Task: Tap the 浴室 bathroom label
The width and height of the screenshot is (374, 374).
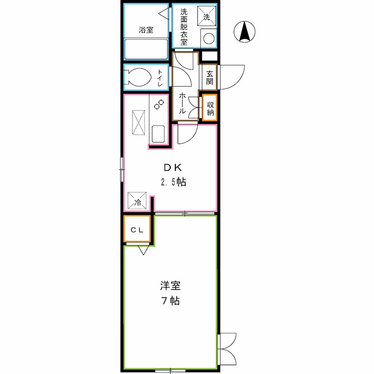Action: (x=146, y=30)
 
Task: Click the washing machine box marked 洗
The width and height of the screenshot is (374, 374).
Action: (x=207, y=16)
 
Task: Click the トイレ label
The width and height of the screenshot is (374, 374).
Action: (x=160, y=78)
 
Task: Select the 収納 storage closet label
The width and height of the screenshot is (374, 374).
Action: (x=210, y=108)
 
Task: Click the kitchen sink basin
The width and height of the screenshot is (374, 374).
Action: (x=158, y=134)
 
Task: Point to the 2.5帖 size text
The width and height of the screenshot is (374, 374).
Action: (x=173, y=182)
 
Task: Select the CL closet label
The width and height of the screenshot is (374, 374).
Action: (x=137, y=229)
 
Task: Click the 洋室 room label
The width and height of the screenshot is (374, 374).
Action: (x=170, y=285)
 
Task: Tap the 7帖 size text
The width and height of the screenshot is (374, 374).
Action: (x=171, y=301)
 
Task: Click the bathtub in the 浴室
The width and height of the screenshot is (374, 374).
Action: (x=146, y=49)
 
